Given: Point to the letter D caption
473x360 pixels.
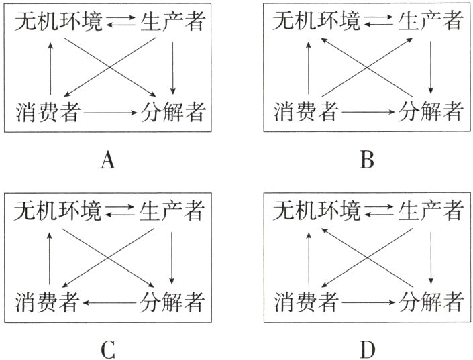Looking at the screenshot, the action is (x=366, y=349).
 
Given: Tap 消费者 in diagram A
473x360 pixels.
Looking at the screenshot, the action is (x=48, y=112).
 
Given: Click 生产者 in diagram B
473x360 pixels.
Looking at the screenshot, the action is (x=431, y=22).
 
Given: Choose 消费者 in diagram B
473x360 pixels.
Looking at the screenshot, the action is (x=307, y=111).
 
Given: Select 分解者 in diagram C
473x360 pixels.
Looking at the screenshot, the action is (x=172, y=301).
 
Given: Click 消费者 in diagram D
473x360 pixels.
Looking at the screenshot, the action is (x=307, y=301).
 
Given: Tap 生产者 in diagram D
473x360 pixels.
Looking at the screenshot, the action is (x=431, y=212).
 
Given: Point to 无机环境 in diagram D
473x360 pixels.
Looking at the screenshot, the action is (x=317, y=212).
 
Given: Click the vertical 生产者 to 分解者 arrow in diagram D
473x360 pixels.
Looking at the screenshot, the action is (x=431, y=256).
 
